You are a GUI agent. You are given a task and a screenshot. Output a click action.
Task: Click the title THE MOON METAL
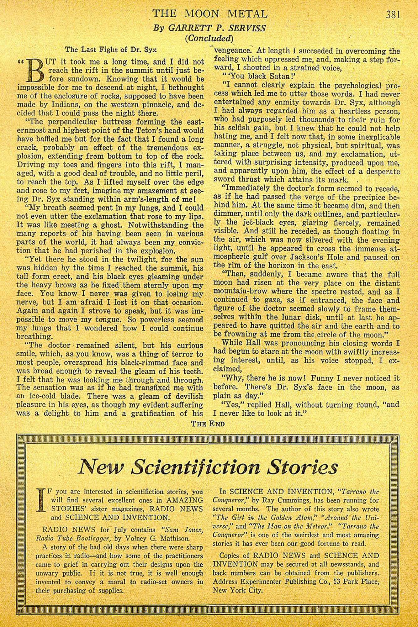pos(210,14)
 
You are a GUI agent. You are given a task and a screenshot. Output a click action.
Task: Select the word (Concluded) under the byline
pos(209,38)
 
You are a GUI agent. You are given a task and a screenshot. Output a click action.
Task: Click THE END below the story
pos(208,424)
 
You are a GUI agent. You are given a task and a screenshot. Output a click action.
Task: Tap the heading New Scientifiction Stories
pos(208,467)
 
